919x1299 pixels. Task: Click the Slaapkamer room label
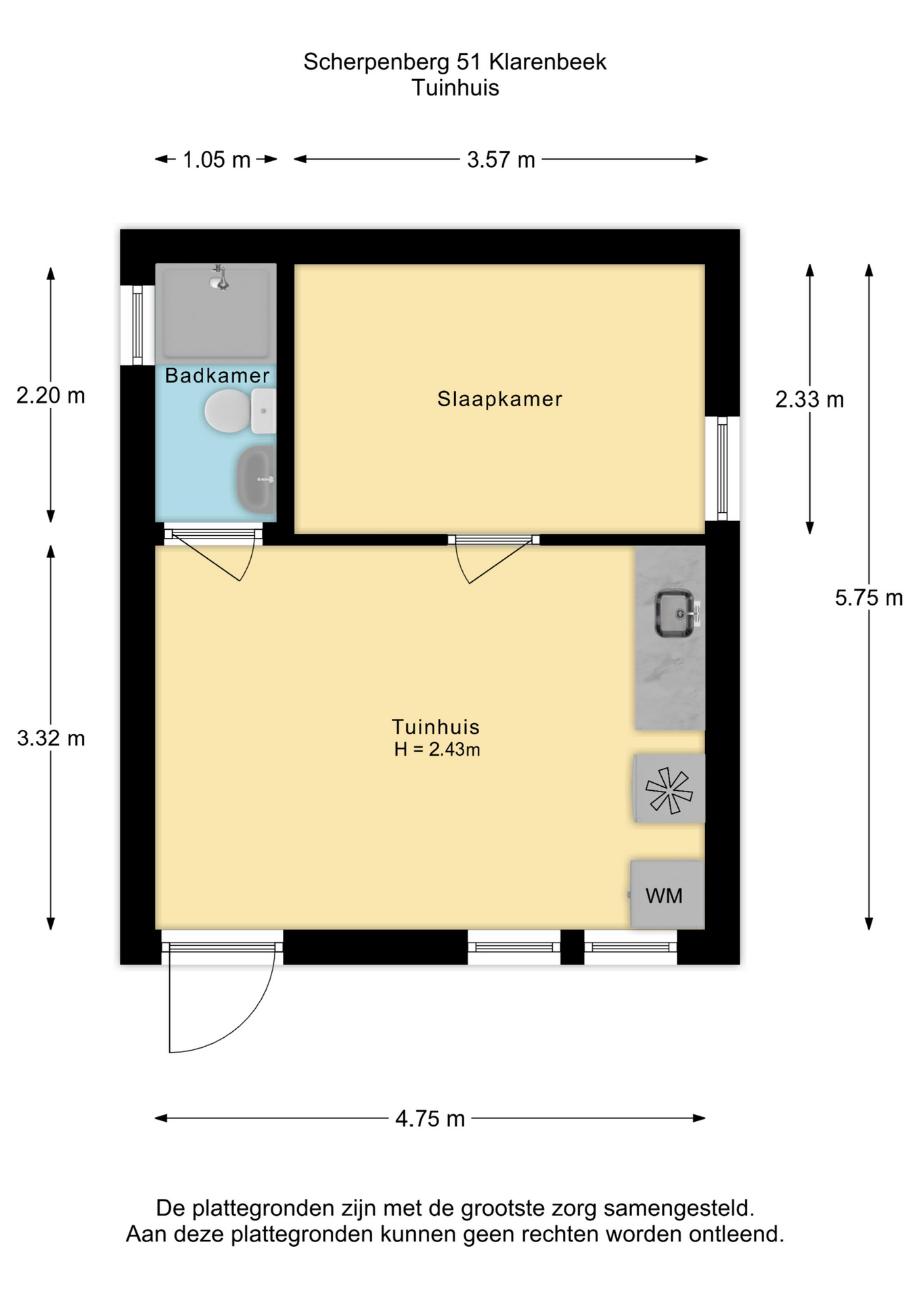[x=499, y=399]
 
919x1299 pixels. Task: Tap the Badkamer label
[x=217, y=375]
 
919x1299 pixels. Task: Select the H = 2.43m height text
[x=437, y=750]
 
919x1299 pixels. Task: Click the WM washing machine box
[x=667, y=894]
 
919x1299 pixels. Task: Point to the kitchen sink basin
[x=675, y=614]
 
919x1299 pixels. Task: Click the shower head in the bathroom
[x=219, y=277]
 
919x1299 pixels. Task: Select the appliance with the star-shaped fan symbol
[x=669, y=789]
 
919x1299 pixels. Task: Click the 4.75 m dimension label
[x=430, y=1118]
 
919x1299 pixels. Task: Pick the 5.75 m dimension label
[x=869, y=597]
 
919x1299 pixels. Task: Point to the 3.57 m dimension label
[x=501, y=160]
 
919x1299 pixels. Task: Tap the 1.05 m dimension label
[x=217, y=160]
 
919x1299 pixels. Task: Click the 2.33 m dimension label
[x=809, y=400]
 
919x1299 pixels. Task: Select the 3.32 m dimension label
[x=51, y=738]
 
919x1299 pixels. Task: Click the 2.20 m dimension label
[x=51, y=395]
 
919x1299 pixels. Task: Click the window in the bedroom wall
[x=722, y=468]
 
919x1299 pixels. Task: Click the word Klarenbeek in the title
[x=547, y=62]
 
